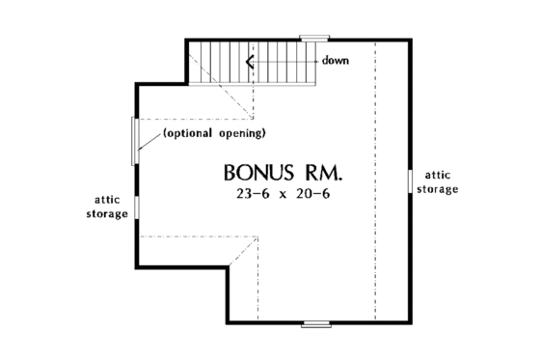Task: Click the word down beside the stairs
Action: pos(336,60)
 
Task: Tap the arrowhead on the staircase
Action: pos(250,63)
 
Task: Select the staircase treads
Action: pos(280,63)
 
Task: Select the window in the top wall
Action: pos(313,39)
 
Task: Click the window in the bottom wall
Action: pos(316,322)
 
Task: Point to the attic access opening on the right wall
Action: pos(411,181)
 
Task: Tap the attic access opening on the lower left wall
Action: pos(136,208)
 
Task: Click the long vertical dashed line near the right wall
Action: pos(375,193)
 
